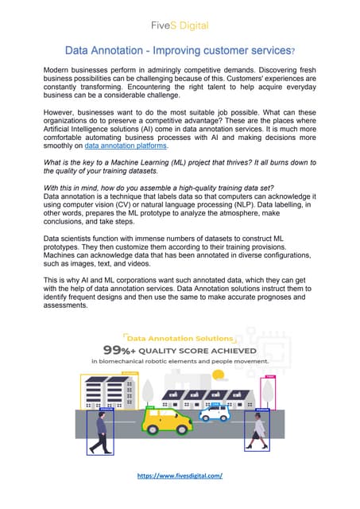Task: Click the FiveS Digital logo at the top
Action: [180, 25]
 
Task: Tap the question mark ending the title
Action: [292, 52]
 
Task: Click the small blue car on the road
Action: [214, 412]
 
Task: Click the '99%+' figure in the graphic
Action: [122, 349]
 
